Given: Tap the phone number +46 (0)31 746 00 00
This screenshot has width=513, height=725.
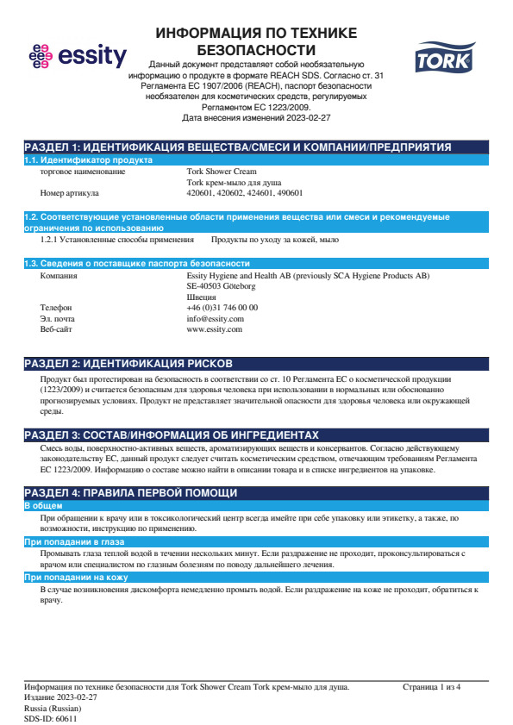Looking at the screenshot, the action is click(x=222, y=308).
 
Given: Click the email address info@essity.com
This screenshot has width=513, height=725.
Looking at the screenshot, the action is click(x=215, y=319).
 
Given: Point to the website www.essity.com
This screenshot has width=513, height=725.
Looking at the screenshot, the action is click(x=214, y=330).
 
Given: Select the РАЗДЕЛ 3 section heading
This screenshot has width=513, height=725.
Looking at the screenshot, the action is click(x=172, y=435).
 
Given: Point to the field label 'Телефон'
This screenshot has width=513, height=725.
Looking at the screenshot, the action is click(x=56, y=308).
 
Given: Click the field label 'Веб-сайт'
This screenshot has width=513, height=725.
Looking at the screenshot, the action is click(x=58, y=330).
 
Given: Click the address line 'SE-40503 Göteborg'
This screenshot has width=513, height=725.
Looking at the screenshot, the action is click(x=221, y=285).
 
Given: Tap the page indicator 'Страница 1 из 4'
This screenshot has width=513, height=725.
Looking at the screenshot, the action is click(x=432, y=687).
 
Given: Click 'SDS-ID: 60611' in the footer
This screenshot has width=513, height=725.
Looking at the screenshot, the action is click(x=51, y=718).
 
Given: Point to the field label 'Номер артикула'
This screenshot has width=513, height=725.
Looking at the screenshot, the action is click(x=70, y=194).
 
